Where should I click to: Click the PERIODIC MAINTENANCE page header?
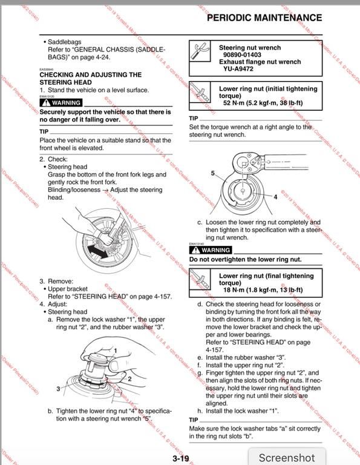[x=264, y=18]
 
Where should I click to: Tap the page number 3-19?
[x=181, y=458]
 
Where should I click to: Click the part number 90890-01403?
[x=242, y=54]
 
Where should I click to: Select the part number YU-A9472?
[x=238, y=69]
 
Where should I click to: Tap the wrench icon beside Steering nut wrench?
[x=200, y=51]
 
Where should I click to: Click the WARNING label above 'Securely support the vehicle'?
[x=61, y=102]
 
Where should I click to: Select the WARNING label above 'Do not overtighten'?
[x=211, y=250]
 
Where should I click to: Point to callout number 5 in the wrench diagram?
[x=213, y=173]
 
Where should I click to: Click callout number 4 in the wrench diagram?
[x=275, y=197]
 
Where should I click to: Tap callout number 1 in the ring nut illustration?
[x=116, y=351]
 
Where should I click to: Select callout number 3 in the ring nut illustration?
[x=58, y=389]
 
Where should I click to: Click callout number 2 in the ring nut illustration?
[x=129, y=378]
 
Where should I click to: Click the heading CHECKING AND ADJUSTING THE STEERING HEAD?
[x=91, y=78]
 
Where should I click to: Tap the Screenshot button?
[x=287, y=457]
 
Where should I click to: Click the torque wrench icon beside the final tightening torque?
[x=200, y=279]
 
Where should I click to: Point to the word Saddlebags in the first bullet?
[x=64, y=42]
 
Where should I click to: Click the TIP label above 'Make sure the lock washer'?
[x=194, y=420]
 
